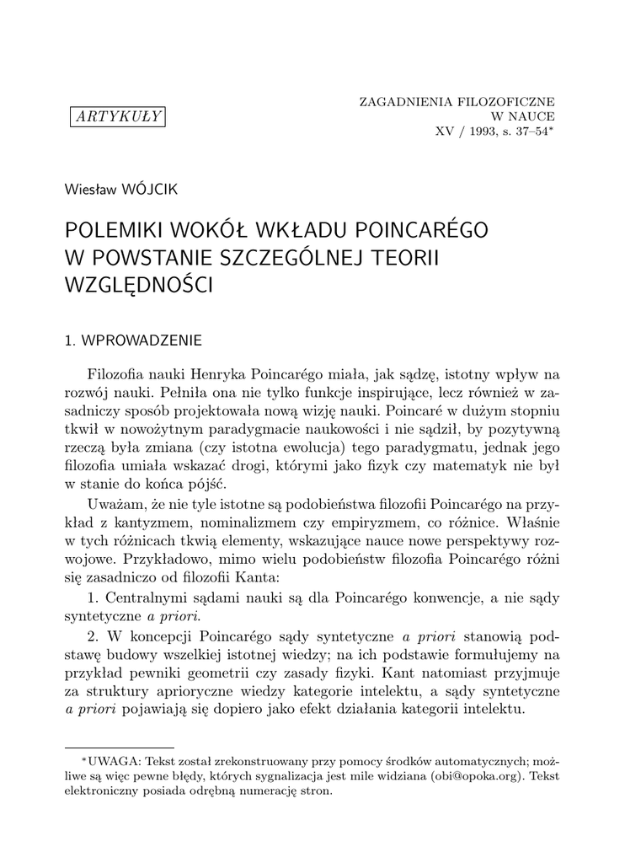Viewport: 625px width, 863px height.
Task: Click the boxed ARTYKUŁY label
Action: coord(117,117)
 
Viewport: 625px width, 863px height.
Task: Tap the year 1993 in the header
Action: coord(483,132)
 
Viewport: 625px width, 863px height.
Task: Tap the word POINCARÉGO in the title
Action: coord(416,231)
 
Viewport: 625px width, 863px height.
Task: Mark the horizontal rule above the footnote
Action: coord(120,747)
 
